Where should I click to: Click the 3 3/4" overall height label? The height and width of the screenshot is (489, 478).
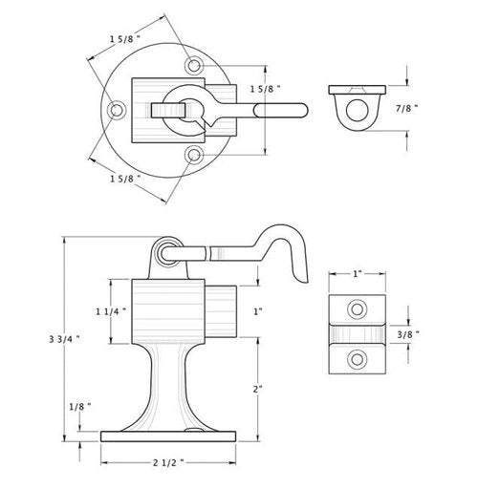click(64, 339)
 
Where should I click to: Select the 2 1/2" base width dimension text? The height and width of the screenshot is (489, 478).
click(168, 462)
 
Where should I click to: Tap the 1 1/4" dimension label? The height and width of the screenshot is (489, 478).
click(111, 311)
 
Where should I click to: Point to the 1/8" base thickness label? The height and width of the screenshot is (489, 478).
click(80, 407)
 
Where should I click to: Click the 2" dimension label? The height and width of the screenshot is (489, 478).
click(258, 389)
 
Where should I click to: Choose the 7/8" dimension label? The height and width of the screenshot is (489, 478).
click(406, 109)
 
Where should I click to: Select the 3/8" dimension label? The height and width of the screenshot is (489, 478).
click(408, 334)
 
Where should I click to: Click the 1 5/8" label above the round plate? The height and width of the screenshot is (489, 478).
click(125, 39)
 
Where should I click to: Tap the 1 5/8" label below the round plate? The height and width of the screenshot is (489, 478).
click(125, 179)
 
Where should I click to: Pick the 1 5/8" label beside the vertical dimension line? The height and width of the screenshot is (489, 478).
click(266, 89)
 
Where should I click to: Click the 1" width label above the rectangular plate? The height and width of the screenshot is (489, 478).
click(358, 274)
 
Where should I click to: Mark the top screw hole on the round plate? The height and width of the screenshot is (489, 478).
click(193, 66)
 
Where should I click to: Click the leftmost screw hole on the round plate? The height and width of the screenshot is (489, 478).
click(116, 110)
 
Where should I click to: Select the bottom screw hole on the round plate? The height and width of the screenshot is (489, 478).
click(193, 155)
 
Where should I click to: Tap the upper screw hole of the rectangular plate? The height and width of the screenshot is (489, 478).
click(357, 309)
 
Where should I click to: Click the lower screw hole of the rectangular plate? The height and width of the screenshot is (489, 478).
click(357, 359)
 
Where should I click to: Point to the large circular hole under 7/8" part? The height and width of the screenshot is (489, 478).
click(357, 110)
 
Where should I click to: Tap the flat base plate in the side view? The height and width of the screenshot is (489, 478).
click(168, 436)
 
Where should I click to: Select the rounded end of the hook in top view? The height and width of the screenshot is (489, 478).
click(303, 110)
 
